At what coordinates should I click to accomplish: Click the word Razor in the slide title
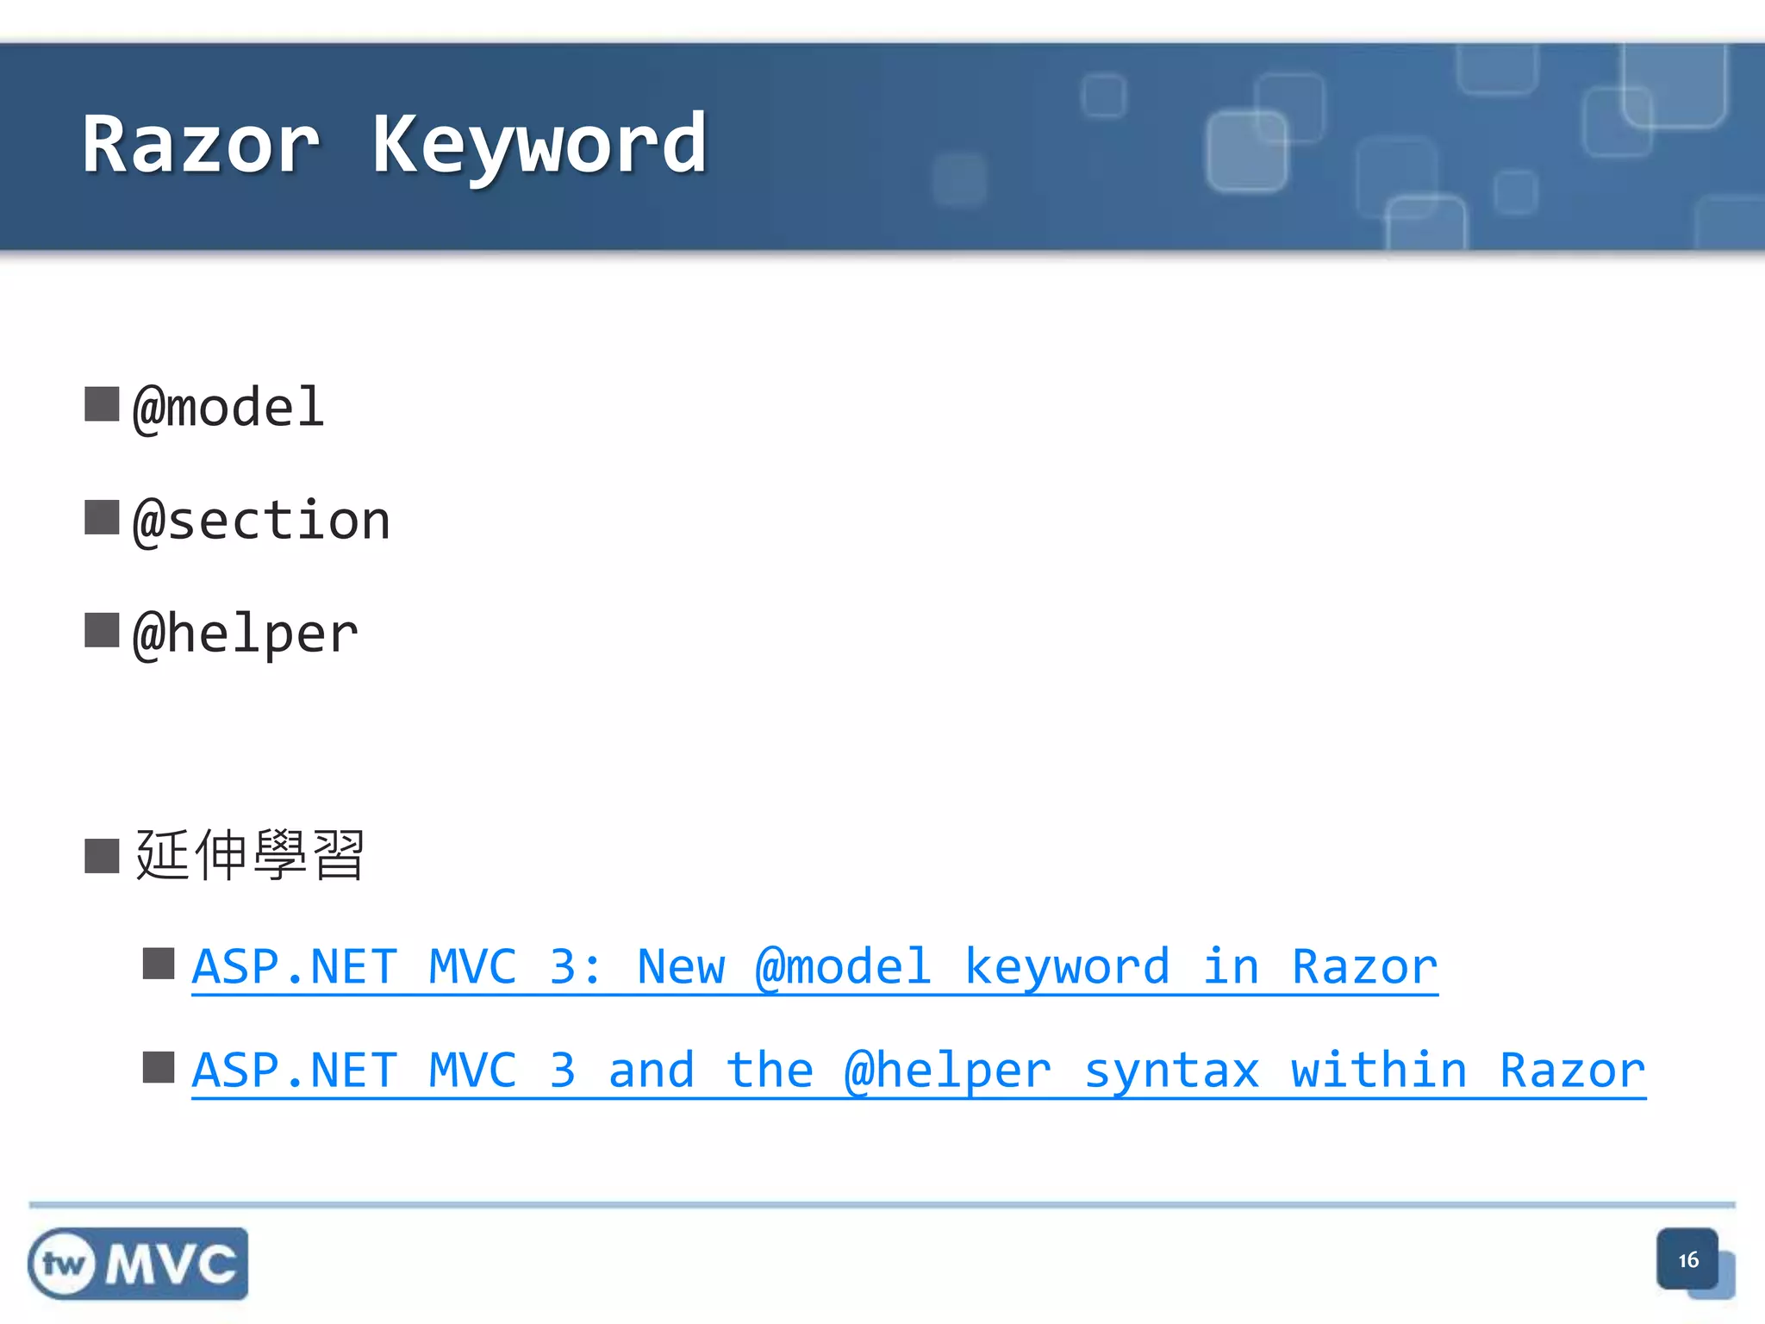(202, 145)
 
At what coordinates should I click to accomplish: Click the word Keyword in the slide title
(539, 145)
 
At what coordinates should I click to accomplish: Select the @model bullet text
(228, 407)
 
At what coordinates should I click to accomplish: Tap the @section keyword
(262, 521)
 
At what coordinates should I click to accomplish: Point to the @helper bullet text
(246, 634)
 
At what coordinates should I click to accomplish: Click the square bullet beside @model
(102, 403)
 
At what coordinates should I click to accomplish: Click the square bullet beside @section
(102, 517)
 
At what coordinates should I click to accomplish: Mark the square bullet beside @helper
(102, 630)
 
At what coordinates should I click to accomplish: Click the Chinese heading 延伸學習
(250, 855)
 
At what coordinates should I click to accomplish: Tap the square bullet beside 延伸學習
(102, 856)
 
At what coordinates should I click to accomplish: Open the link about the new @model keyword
(814, 967)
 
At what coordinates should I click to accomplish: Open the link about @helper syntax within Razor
(919, 1071)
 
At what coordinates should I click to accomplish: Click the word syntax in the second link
(1171, 1071)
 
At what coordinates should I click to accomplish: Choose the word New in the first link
(681, 967)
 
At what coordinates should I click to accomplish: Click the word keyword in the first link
(1066, 967)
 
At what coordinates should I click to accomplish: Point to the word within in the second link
(1379, 1071)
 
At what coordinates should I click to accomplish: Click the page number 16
(1687, 1260)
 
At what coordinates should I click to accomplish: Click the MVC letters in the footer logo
(171, 1265)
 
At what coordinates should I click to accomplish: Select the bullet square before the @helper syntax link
(159, 1067)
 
